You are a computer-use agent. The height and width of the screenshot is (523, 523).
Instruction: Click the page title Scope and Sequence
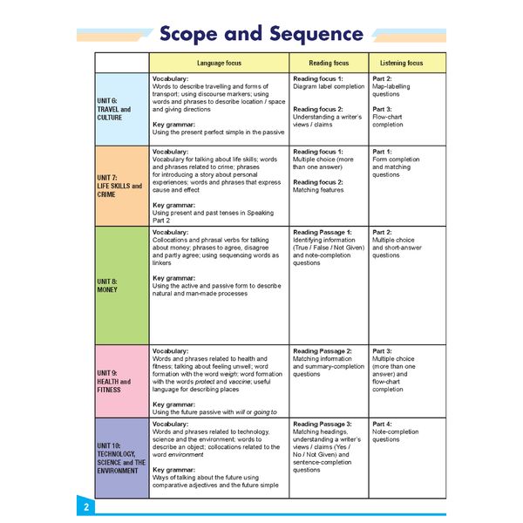(261, 34)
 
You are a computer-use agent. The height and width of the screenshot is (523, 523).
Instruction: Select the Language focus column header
(219, 64)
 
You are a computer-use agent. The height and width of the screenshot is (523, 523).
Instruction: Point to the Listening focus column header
(402, 64)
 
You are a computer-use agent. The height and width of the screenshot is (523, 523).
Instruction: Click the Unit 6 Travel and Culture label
(114, 110)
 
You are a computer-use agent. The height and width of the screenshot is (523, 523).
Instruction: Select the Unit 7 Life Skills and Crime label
(119, 187)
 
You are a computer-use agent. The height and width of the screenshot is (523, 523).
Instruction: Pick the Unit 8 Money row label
(108, 285)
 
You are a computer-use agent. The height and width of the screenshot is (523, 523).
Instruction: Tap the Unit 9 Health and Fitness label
(114, 382)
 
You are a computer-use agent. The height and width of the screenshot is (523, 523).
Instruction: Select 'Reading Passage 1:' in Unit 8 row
(323, 233)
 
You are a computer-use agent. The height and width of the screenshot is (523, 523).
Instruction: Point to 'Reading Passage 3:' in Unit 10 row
(323, 424)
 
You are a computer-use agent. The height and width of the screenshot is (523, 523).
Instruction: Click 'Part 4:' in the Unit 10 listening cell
(382, 424)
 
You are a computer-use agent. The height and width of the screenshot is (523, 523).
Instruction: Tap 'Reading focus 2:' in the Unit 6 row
(318, 109)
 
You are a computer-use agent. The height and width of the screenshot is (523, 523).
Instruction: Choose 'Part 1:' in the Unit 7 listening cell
(382, 152)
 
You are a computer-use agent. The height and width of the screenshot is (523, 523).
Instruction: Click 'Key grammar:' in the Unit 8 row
(173, 278)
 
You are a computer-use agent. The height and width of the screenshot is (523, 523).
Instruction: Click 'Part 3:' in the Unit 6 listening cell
(382, 109)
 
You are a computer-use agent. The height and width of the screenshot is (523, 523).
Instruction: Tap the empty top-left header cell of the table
(122, 64)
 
